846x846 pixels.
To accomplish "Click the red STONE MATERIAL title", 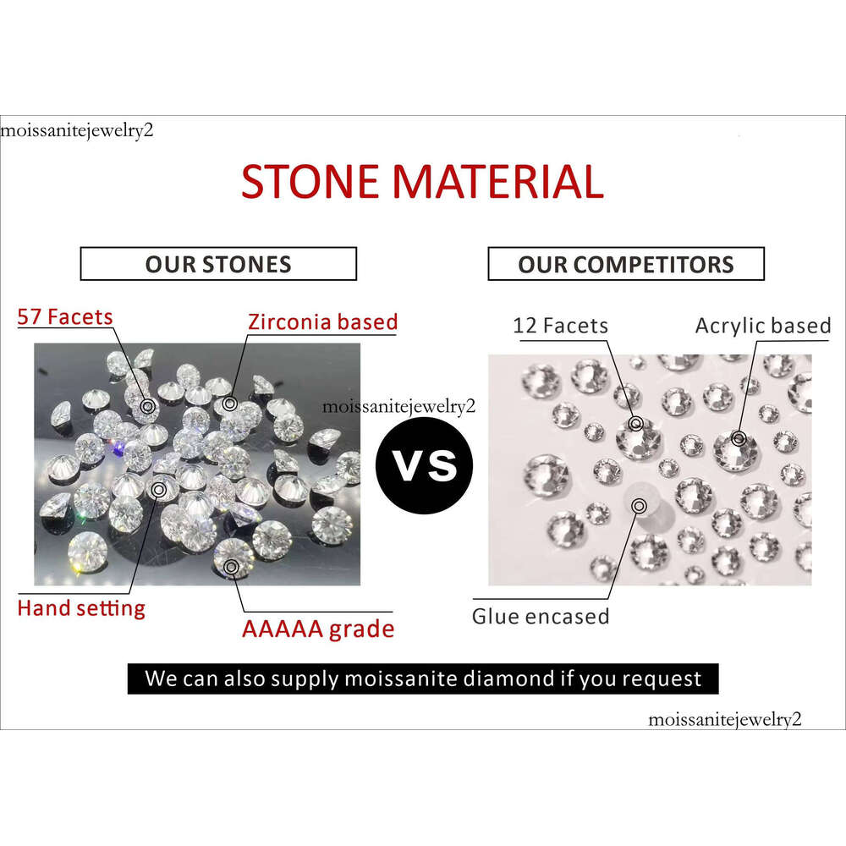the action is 422,181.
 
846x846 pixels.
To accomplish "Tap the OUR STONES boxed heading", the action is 218,264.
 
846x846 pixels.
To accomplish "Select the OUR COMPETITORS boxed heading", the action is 626,264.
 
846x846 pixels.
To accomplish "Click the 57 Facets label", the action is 65,316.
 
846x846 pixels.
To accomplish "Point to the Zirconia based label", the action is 322,321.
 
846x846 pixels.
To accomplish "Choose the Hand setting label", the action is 81,608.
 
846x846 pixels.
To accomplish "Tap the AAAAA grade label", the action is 318,629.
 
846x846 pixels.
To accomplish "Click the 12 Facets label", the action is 561,326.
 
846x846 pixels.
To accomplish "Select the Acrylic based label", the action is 763,326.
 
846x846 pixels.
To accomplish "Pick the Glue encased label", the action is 541,616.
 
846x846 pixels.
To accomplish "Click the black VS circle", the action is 425,465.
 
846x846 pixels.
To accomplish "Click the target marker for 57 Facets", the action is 148,406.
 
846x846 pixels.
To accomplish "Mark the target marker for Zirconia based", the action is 230,404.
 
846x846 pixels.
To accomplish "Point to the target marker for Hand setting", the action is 159,490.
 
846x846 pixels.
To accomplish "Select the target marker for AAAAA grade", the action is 231,567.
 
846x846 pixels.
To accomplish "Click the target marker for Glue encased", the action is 640,506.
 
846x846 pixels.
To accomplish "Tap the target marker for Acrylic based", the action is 739,438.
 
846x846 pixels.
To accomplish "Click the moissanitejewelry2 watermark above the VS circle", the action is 398,407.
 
